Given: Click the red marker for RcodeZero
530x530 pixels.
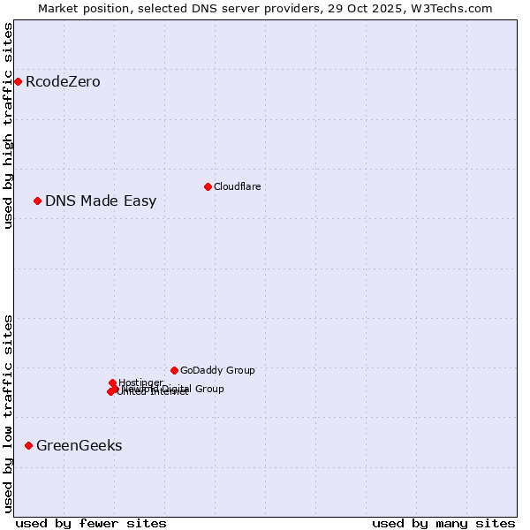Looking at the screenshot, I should [x=18, y=82].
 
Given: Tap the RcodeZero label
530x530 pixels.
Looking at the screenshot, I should [x=63, y=82].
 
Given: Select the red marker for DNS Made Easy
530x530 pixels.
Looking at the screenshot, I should [x=37, y=201].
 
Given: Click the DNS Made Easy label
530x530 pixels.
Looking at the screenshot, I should [x=101, y=201].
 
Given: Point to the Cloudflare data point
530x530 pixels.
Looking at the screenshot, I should [x=208, y=186].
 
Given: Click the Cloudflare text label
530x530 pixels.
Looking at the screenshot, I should [x=237, y=186].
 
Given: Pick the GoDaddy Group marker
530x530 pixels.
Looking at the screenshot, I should [x=174, y=371].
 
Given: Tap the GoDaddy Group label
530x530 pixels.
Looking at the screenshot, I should [x=217, y=371].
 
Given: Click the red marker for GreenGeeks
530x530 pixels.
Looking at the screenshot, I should [x=28, y=446].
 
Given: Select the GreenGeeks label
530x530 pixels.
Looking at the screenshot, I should [x=79, y=446].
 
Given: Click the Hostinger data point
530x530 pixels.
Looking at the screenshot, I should [x=112, y=383].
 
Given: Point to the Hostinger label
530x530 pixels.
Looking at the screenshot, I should [x=140, y=382].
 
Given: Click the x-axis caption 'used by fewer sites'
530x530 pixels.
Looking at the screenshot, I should [x=91, y=523].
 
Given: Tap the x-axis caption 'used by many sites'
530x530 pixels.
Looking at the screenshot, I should [x=443, y=523].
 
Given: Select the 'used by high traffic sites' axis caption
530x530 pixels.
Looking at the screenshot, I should [x=8, y=125].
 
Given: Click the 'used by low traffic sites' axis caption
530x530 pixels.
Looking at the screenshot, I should [x=8, y=413].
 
